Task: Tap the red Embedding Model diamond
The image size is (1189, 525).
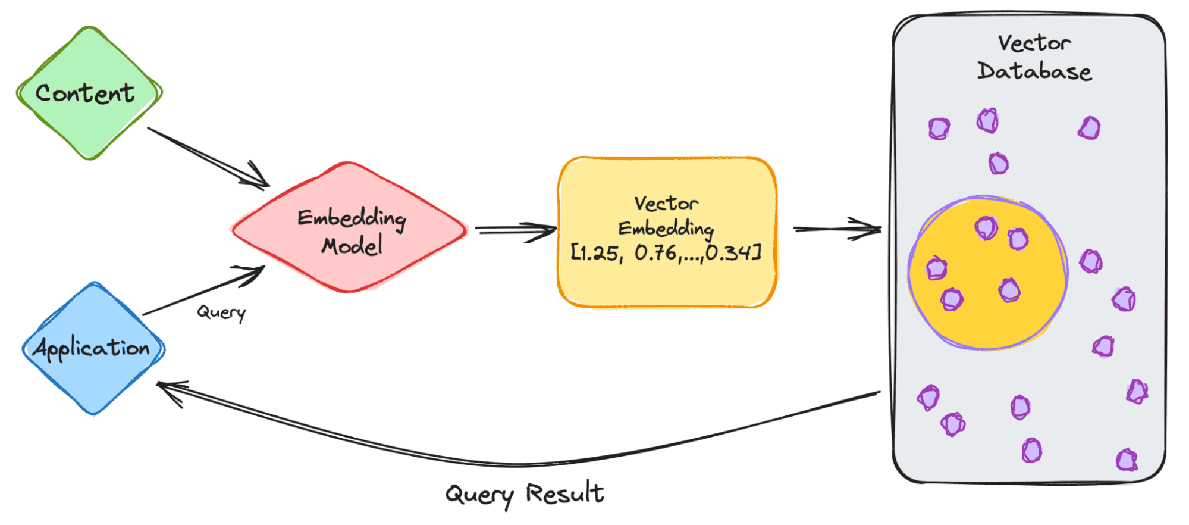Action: pos(350,229)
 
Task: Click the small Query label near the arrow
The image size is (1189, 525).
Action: pos(221,312)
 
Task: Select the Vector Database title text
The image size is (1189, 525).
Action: pos(1034,57)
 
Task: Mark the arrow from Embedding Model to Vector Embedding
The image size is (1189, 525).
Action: pos(514,230)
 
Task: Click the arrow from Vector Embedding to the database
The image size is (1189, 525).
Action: pos(836,229)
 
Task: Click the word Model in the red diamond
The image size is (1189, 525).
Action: pos(352,245)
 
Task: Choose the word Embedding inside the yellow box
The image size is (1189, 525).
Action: pos(666,229)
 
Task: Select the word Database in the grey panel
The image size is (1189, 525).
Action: pos(1034,71)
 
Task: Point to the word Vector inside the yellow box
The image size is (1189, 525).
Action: pos(666,204)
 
